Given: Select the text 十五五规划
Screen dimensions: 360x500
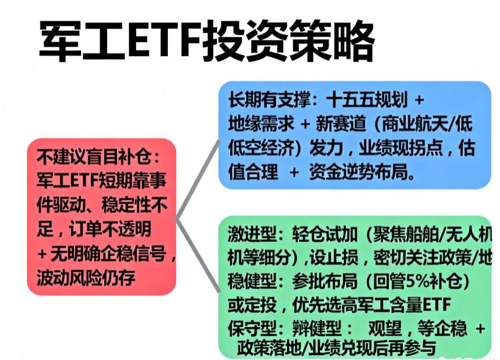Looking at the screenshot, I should [x=362, y=100].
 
